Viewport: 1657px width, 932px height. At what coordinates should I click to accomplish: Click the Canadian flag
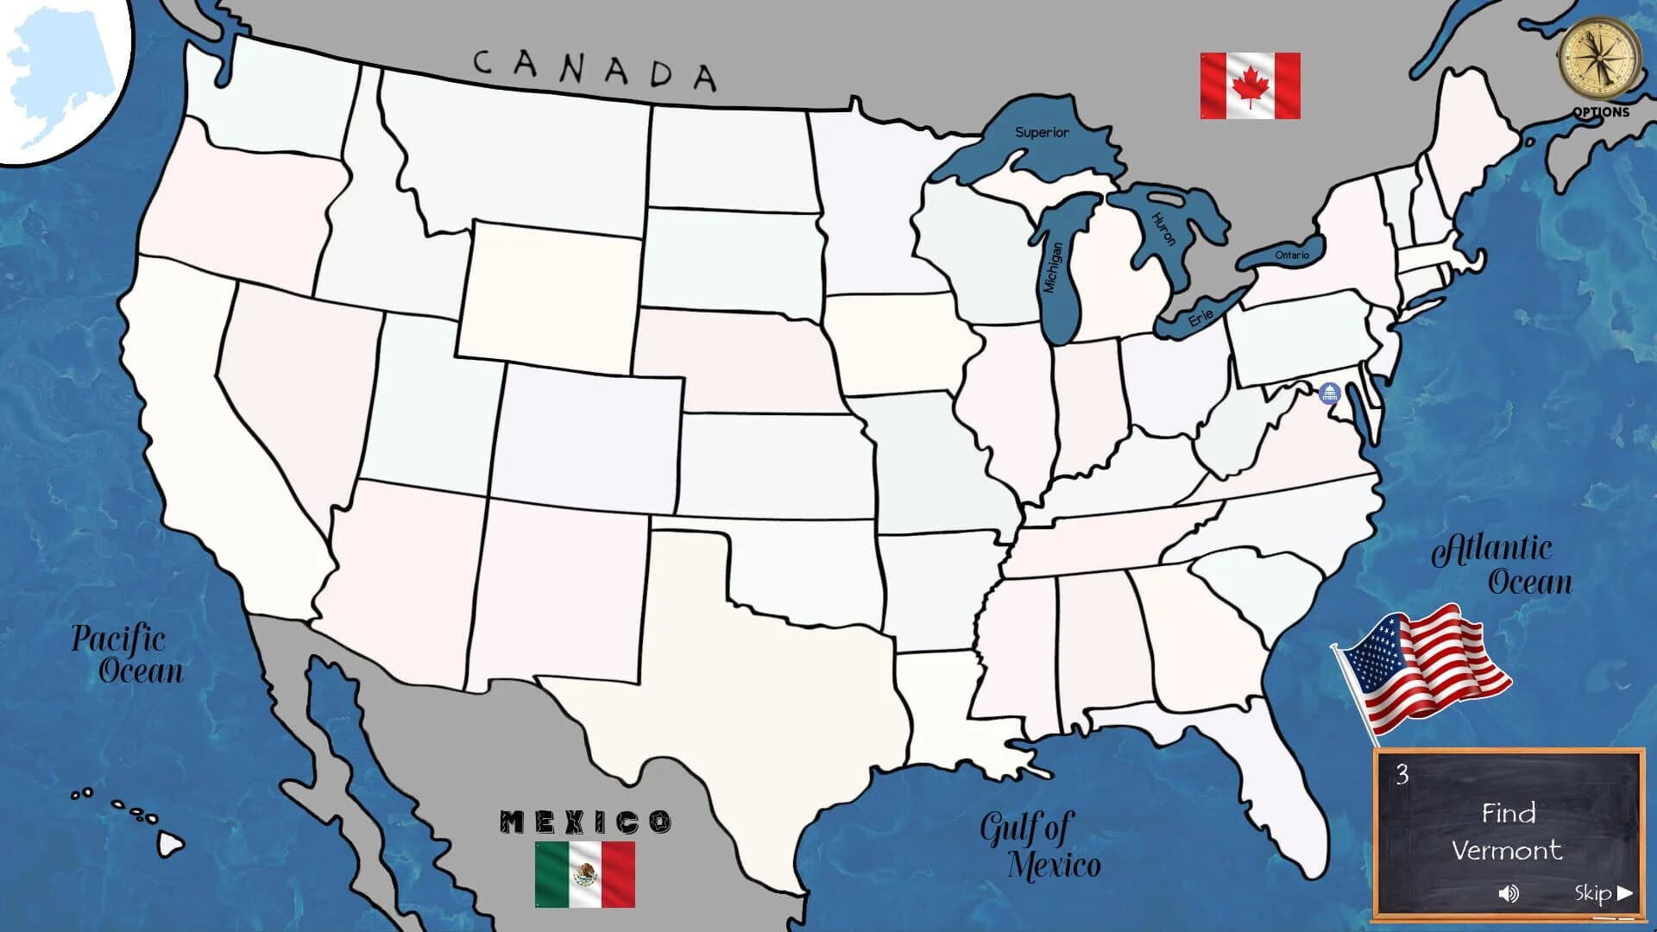point(1250,85)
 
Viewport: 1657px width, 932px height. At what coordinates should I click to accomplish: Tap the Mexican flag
point(584,874)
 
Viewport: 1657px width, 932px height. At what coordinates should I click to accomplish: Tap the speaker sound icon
point(1508,893)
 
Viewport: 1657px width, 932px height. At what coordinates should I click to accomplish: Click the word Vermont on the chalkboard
point(1506,851)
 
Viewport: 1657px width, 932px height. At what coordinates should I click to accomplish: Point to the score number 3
point(1402,775)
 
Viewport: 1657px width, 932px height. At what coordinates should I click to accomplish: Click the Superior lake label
point(1042,132)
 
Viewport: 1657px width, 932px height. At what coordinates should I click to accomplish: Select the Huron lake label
point(1164,230)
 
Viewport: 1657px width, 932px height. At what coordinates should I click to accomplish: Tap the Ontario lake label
point(1292,255)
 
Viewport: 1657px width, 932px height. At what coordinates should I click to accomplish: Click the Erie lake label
point(1200,318)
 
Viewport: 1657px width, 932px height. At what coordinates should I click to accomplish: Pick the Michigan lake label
point(1054,268)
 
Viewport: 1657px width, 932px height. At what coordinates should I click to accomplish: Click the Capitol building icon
point(1329,394)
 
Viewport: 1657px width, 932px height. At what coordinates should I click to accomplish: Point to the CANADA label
point(595,69)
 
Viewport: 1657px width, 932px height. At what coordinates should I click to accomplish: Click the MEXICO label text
point(585,822)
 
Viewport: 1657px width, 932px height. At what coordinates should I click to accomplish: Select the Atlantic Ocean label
point(1502,564)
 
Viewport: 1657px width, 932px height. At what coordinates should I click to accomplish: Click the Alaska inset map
point(60,78)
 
